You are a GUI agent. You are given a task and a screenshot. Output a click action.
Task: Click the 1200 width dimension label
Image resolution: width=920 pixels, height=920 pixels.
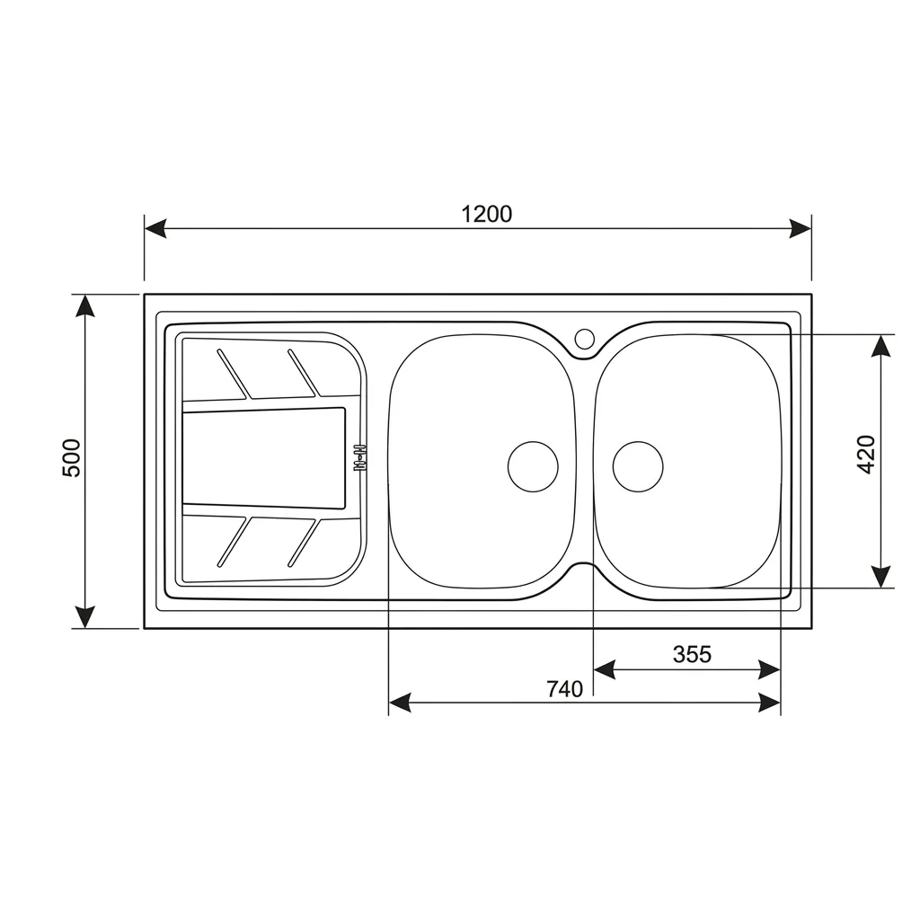(x=486, y=214)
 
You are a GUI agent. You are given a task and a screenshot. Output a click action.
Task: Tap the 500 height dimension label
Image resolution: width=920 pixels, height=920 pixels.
(x=72, y=458)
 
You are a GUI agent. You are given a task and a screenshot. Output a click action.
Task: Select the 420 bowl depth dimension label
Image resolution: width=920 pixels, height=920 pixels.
(x=866, y=454)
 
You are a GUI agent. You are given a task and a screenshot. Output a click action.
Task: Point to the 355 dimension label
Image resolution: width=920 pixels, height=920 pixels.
(x=692, y=654)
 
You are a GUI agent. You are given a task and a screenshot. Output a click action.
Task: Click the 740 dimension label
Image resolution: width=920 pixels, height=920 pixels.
(x=565, y=689)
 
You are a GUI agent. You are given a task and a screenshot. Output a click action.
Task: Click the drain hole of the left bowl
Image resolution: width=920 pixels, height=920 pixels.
(x=533, y=466)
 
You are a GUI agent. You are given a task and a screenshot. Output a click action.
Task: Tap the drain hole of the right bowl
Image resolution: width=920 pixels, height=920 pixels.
(x=638, y=466)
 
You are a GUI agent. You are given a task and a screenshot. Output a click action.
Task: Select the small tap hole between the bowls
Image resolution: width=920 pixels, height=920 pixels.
(x=584, y=338)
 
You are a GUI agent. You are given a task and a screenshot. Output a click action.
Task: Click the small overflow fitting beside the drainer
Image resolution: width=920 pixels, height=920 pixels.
(x=359, y=457)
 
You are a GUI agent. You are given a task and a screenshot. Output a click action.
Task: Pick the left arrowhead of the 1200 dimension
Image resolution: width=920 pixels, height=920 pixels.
(x=155, y=229)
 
